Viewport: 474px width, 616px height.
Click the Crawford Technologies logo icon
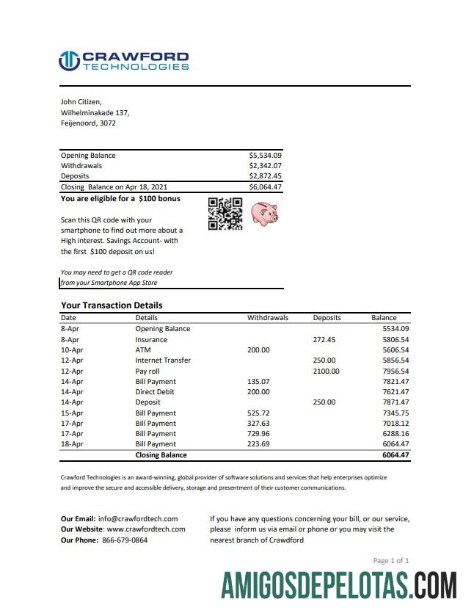point(69,61)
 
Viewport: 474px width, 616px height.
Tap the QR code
point(225,214)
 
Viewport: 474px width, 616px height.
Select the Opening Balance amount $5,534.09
point(265,156)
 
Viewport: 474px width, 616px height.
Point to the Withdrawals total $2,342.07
point(265,166)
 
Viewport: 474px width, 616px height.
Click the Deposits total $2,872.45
point(265,176)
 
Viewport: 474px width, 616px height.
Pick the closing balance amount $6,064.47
point(265,187)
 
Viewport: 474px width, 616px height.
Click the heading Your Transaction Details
point(112,305)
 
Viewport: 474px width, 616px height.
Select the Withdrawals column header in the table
point(268,318)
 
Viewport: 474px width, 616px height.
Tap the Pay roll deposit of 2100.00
point(327,372)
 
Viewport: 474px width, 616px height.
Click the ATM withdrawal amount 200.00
point(258,350)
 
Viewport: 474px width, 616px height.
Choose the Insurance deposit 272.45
point(324,340)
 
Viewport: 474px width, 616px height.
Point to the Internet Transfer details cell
point(163,360)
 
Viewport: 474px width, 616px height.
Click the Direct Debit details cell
point(156,392)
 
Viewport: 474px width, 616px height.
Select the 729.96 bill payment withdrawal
point(258,434)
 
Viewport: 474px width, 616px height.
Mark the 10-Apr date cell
point(71,350)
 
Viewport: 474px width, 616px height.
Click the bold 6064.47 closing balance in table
point(395,455)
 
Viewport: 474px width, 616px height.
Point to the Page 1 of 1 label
point(391,561)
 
